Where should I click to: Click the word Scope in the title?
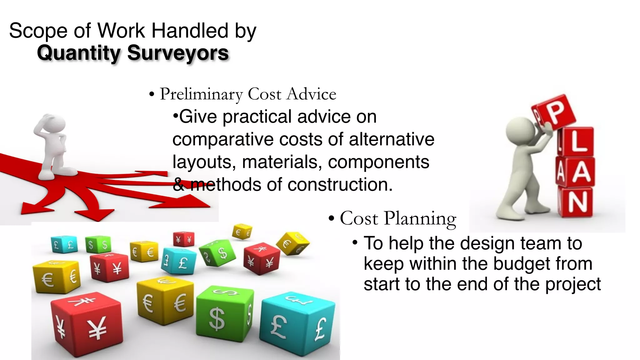click(x=38, y=31)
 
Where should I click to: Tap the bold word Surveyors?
click(x=178, y=53)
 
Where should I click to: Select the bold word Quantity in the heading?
click(x=78, y=53)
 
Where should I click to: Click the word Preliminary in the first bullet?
click(x=201, y=94)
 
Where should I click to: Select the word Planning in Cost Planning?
click(x=420, y=219)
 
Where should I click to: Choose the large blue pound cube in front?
click(x=297, y=325)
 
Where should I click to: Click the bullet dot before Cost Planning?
click(x=332, y=219)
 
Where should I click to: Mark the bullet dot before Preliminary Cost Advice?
click(x=152, y=94)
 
